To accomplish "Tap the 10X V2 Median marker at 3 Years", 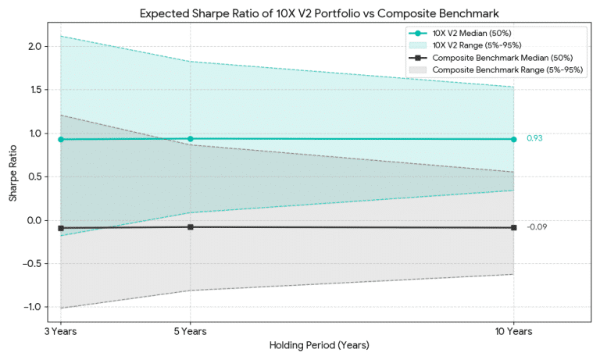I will [61, 139].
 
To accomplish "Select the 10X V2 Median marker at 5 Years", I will [190, 139].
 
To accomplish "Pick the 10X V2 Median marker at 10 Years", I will [513, 139].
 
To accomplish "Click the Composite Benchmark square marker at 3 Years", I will [61, 228].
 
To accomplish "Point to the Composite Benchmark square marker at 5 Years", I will [190, 227].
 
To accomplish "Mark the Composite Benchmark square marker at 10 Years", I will [513, 228].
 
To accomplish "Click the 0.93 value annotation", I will [534, 138].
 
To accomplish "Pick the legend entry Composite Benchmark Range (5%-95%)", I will [500, 70].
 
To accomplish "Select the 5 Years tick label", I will [190, 331].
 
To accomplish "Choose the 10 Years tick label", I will [513, 331].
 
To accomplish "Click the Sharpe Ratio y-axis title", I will [13, 176].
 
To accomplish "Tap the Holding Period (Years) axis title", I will [319, 345].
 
